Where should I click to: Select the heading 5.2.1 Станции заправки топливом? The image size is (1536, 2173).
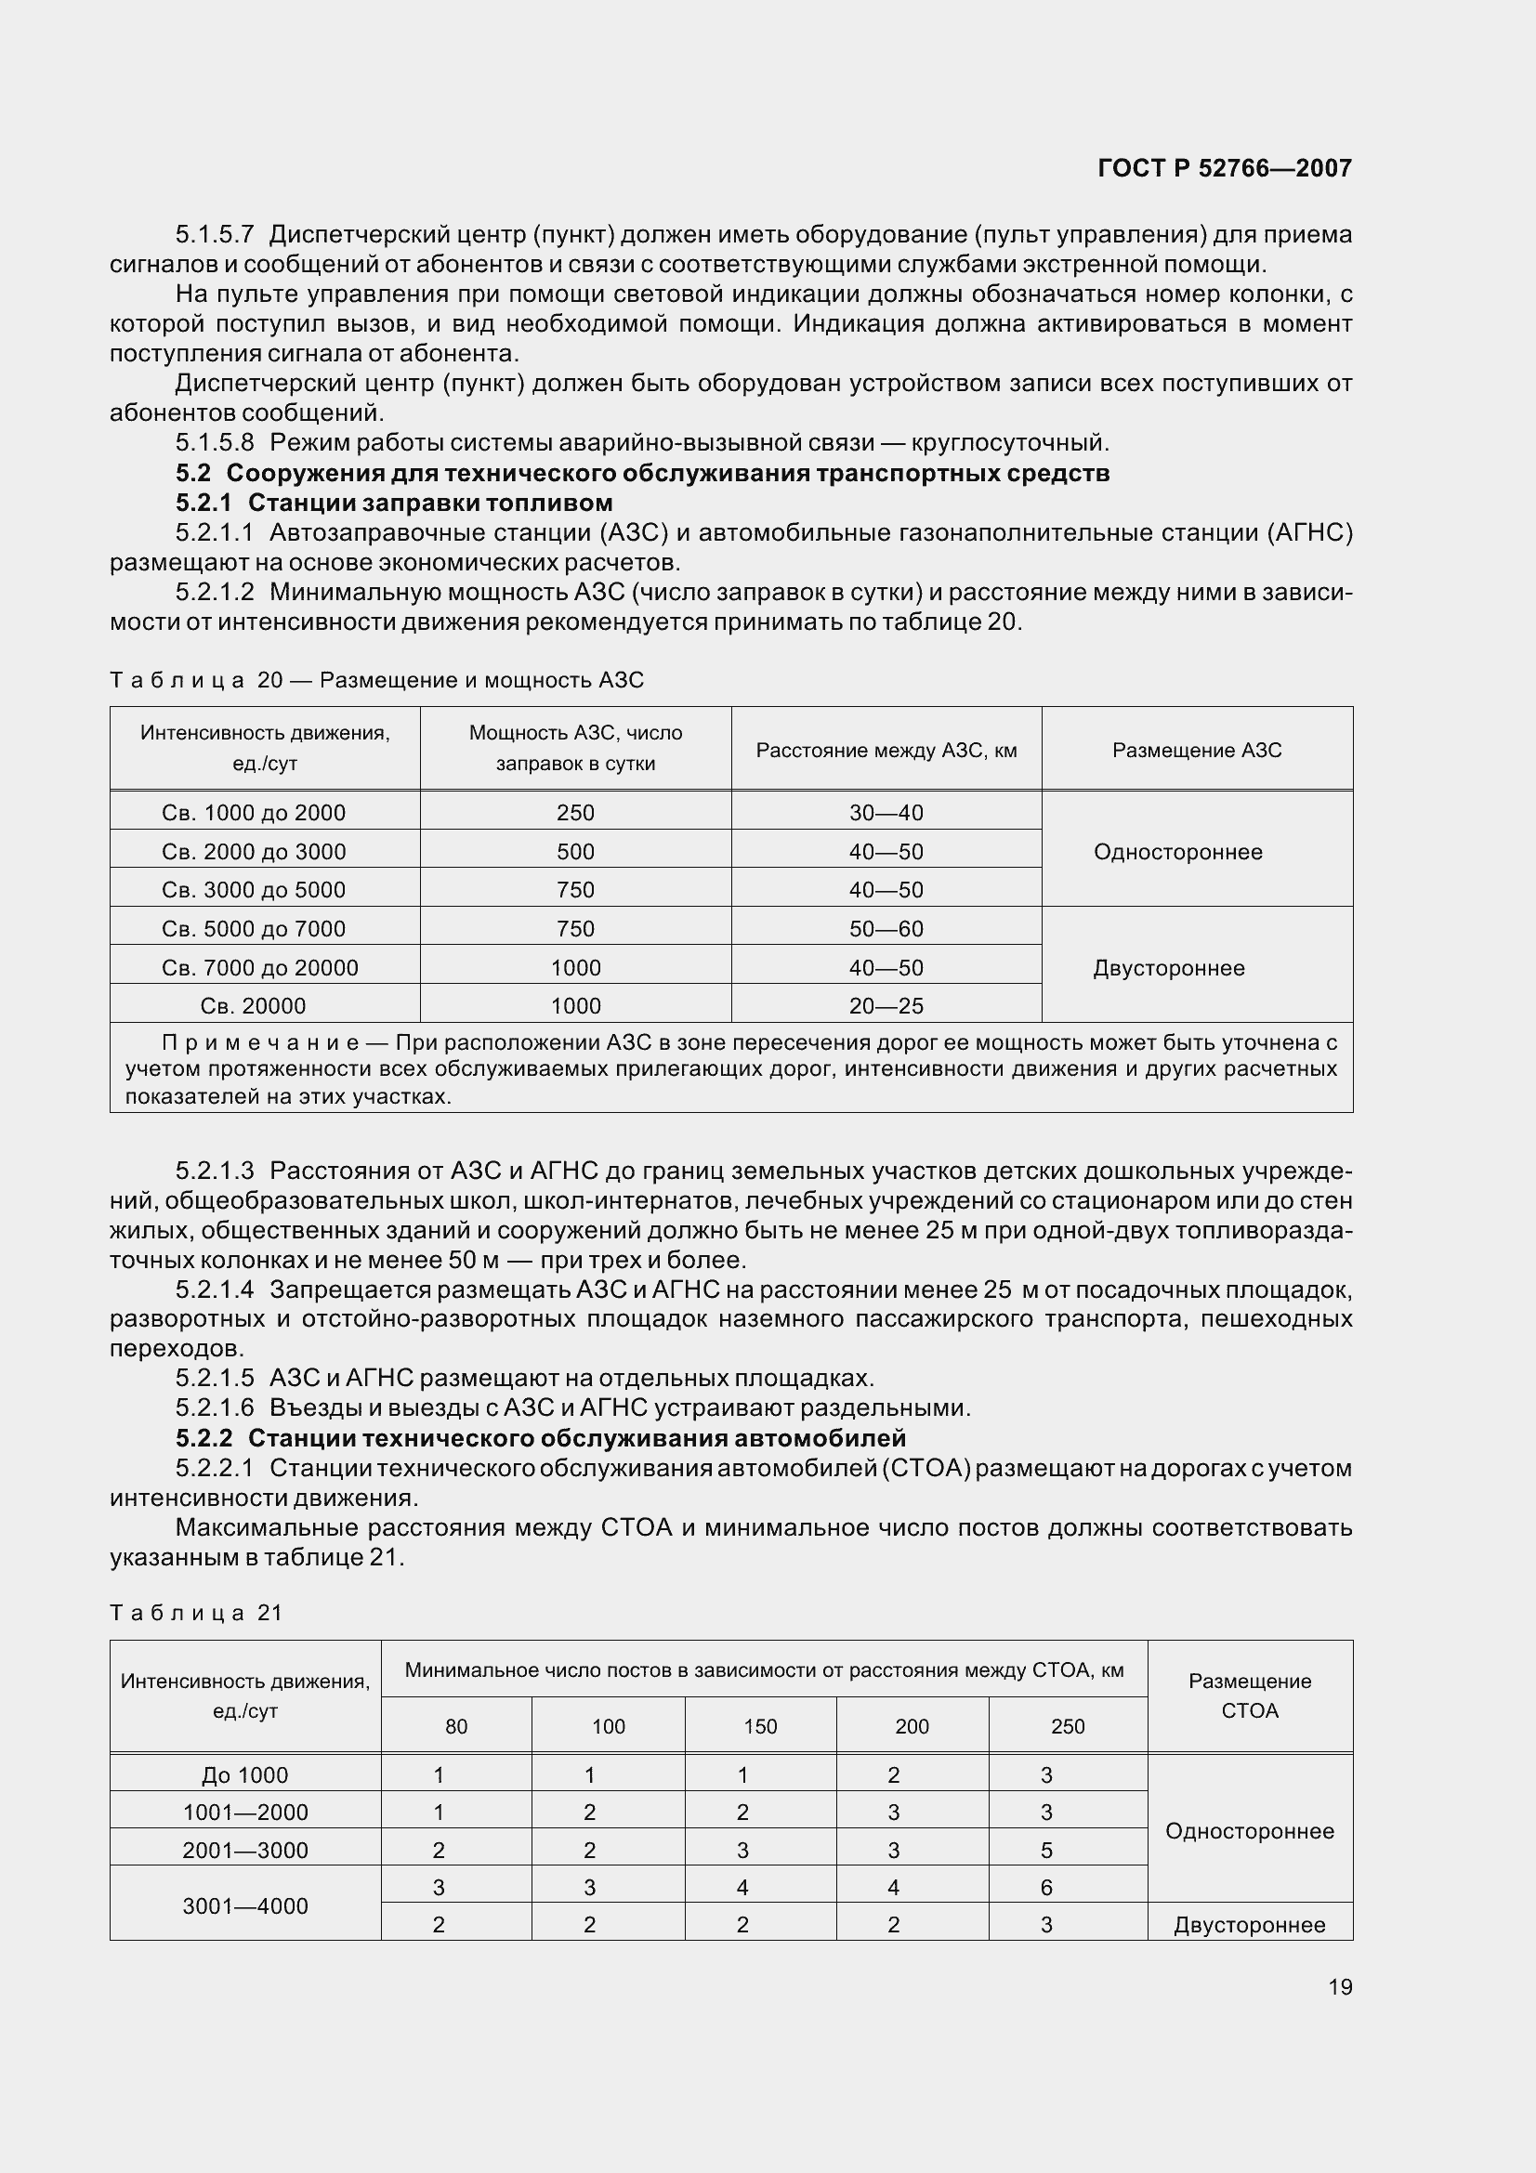[x=394, y=503]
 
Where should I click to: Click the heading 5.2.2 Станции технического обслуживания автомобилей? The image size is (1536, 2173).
[x=541, y=1438]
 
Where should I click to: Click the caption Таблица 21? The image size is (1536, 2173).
[x=197, y=1613]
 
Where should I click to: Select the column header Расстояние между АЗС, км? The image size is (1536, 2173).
[x=886, y=751]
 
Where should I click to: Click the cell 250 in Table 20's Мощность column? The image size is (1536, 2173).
[x=575, y=813]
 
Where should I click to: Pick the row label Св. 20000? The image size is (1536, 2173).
[x=253, y=1006]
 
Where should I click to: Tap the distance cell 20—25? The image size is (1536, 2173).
[x=886, y=1006]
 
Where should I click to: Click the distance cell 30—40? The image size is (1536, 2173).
[x=886, y=813]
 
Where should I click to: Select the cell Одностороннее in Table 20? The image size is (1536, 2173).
[x=1177, y=852]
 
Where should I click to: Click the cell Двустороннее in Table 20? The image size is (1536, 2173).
[x=1168, y=968]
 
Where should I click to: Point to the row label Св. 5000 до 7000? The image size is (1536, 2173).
[x=254, y=929]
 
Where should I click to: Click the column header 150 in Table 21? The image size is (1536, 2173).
[x=760, y=1726]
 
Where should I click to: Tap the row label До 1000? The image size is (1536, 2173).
[x=244, y=1775]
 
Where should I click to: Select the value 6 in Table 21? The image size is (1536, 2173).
[x=1045, y=1887]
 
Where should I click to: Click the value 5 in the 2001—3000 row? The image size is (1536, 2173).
[x=1045, y=1851]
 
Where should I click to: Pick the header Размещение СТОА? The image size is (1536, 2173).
[x=1249, y=1695]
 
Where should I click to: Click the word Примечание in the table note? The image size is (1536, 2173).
[x=260, y=1043]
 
